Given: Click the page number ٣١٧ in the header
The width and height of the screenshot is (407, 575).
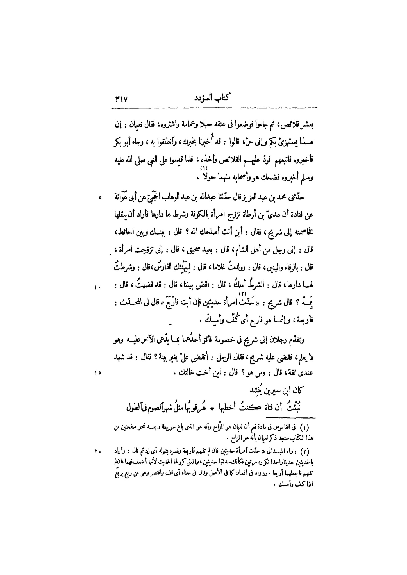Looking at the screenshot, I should (x=121, y=99).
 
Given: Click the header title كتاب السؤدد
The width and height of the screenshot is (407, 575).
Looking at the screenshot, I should (x=213, y=99).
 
